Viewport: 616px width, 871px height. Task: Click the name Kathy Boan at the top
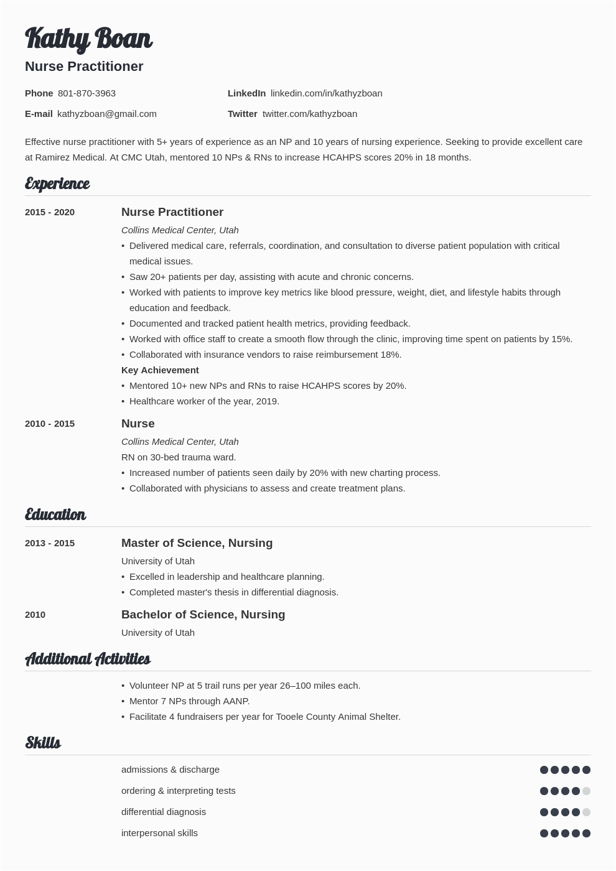click(x=88, y=39)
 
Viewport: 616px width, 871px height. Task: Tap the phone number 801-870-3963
click(x=86, y=93)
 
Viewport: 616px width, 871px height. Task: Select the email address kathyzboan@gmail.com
click(x=106, y=114)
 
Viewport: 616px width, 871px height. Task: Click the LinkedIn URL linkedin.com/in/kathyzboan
click(x=326, y=93)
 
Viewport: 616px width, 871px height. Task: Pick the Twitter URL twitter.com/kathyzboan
click(x=310, y=114)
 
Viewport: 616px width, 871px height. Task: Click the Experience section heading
click(x=57, y=184)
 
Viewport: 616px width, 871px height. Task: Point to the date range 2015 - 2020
click(x=50, y=212)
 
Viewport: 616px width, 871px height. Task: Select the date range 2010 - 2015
click(x=50, y=424)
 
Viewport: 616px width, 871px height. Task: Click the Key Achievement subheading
click(x=160, y=370)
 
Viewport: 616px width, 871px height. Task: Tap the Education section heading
click(x=55, y=515)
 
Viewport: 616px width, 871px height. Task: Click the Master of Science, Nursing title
click(x=197, y=543)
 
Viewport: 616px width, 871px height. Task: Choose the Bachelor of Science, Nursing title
click(x=203, y=615)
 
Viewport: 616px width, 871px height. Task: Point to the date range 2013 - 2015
click(x=50, y=543)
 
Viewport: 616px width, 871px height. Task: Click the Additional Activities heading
click(x=88, y=659)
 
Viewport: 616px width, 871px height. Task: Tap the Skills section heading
click(x=43, y=743)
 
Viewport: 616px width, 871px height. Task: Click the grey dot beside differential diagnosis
click(x=586, y=813)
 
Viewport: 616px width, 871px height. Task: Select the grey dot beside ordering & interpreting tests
click(x=586, y=791)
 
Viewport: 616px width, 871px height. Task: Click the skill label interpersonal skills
click(x=159, y=833)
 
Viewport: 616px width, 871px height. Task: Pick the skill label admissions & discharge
click(x=170, y=770)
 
